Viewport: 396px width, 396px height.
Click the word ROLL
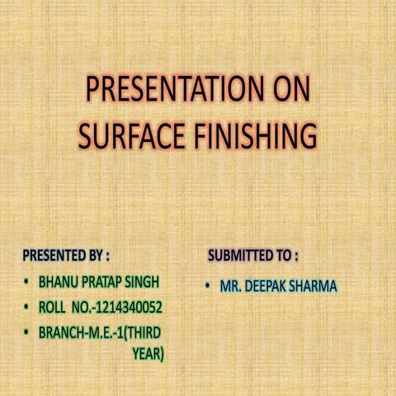52,308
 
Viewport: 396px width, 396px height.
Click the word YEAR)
148,354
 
